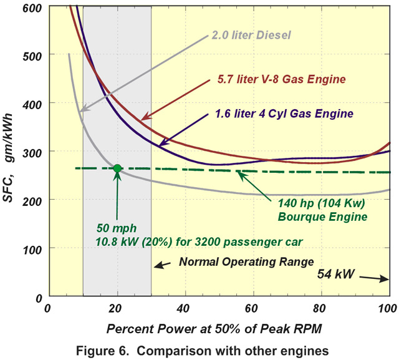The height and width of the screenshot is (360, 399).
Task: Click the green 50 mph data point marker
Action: (117, 168)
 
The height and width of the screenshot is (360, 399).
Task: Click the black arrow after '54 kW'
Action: (377, 279)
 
